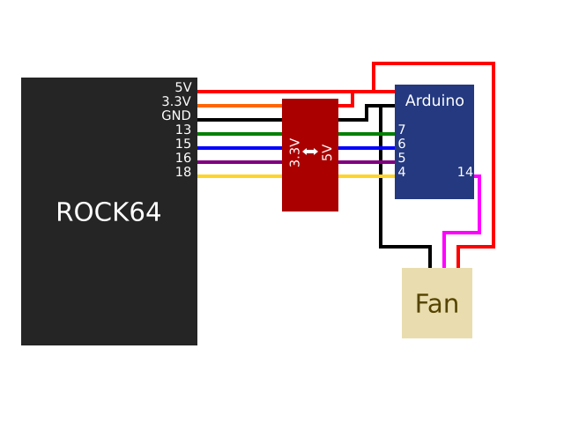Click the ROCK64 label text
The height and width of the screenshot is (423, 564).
tap(108, 212)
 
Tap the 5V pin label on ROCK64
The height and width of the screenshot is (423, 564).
tap(182, 88)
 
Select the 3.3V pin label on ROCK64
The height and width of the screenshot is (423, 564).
tap(176, 102)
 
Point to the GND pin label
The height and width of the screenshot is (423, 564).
tap(176, 116)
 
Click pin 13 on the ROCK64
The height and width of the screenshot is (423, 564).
tap(182, 130)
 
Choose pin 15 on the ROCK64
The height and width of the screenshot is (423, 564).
tap(182, 145)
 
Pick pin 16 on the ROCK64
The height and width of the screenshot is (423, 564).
tap(182, 159)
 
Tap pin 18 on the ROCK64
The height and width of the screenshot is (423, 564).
tap(182, 173)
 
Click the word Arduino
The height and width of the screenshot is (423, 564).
tap(434, 101)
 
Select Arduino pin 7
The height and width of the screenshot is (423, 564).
tap(402, 130)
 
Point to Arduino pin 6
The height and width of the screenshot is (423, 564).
tap(402, 145)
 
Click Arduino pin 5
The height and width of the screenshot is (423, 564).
tap(402, 159)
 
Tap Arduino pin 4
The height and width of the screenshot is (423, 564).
tap(402, 173)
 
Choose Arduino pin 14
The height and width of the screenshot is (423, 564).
tap(464, 173)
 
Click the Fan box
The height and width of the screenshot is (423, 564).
tap(437, 303)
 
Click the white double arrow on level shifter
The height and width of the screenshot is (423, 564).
tap(310, 152)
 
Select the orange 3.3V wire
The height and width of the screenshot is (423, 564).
tap(238, 106)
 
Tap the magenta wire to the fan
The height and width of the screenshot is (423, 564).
tap(479, 207)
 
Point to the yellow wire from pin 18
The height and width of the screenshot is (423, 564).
tap(238, 176)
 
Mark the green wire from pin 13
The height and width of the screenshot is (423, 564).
tap(238, 134)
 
